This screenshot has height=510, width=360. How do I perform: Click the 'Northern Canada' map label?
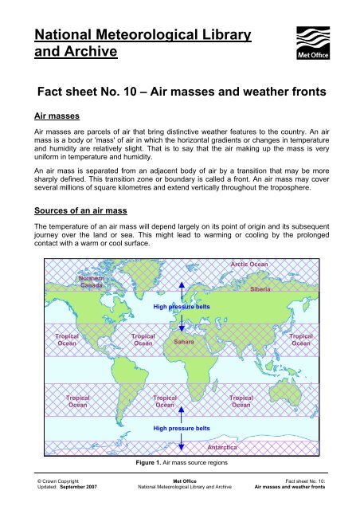pos(88,281)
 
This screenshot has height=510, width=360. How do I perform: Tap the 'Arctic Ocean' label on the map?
pos(249,264)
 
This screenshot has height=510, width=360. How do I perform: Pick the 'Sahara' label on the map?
pos(184,341)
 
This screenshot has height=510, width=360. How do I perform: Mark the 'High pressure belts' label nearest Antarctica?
pos(182,427)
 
